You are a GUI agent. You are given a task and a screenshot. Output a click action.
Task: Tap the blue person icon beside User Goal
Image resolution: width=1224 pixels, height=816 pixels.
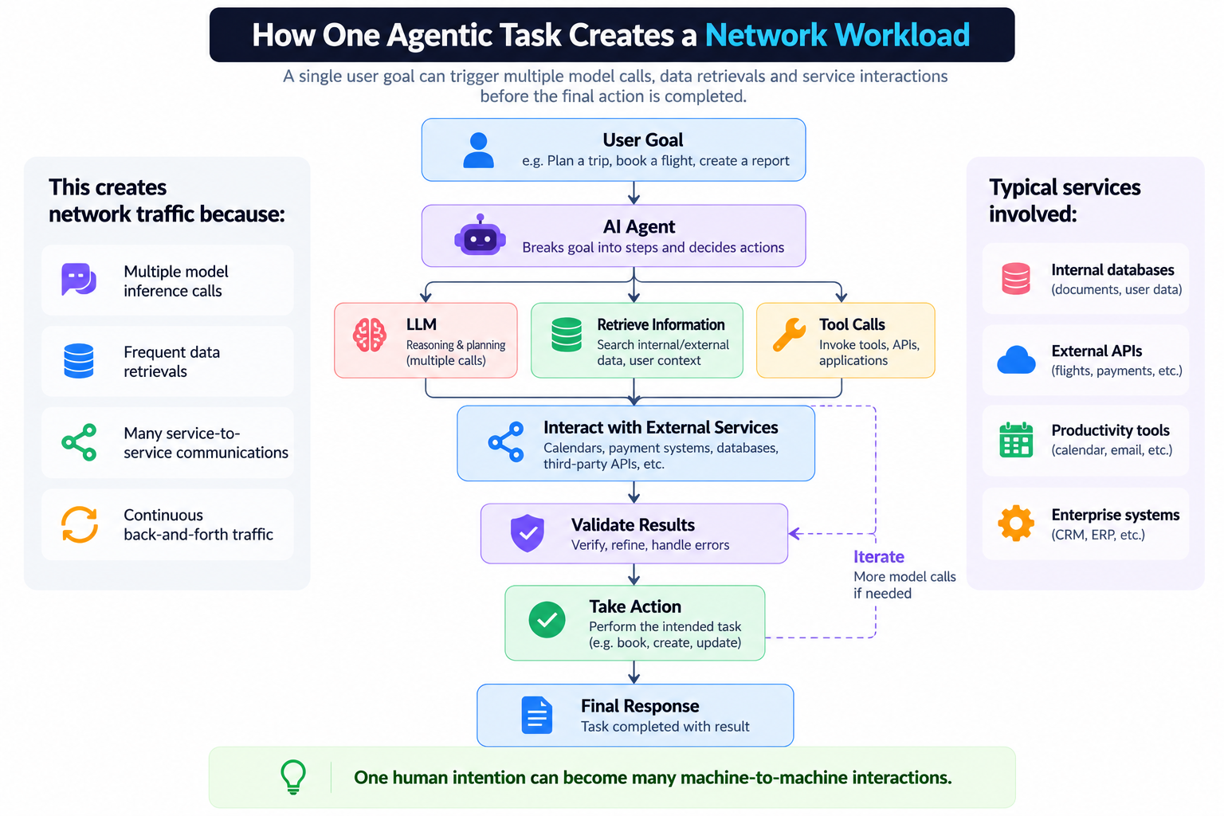click(x=478, y=150)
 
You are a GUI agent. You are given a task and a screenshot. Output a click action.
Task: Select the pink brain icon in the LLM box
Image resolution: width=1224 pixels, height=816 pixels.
click(x=370, y=335)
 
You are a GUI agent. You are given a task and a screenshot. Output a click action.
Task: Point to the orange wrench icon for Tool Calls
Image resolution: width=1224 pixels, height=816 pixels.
click(x=789, y=334)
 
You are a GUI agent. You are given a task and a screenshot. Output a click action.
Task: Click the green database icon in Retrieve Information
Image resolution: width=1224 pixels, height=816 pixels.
click(x=567, y=335)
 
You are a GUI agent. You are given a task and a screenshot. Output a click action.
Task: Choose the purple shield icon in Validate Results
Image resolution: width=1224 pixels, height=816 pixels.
click(x=528, y=532)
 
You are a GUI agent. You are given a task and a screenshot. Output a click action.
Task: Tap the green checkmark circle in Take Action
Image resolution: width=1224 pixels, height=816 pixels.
click(x=547, y=620)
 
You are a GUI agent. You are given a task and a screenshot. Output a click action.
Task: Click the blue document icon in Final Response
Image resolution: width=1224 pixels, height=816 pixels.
click(x=536, y=715)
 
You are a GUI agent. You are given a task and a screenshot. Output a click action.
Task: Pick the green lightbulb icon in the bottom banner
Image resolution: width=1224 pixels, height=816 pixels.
click(x=293, y=777)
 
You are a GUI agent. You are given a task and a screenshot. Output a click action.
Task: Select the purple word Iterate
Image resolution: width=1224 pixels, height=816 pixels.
click(x=879, y=557)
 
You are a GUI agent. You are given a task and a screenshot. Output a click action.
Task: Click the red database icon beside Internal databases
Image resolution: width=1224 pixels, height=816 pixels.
click(x=1016, y=279)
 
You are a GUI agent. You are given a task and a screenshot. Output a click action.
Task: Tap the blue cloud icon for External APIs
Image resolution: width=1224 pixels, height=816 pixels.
click(x=1016, y=359)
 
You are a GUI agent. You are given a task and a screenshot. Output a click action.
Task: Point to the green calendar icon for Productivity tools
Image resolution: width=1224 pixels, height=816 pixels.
click(x=1016, y=439)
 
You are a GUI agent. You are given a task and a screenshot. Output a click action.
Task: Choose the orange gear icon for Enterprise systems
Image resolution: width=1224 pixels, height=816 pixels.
click(x=1016, y=523)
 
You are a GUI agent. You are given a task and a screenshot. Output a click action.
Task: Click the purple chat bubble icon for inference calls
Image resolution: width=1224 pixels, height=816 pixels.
click(x=79, y=279)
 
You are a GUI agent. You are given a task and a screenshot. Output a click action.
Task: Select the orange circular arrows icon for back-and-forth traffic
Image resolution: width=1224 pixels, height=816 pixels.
click(x=80, y=524)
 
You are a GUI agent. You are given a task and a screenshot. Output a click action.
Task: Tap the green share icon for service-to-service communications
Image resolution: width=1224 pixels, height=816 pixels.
click(x=79, y=442)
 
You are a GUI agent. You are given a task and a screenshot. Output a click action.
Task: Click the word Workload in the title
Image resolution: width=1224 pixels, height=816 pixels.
click(x=902, y=35)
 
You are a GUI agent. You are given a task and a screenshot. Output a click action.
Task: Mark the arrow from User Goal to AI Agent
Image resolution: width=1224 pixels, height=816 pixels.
click(x=634, y=193)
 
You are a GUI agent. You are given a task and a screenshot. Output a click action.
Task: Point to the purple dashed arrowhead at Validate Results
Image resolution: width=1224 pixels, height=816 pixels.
click(x=795, y=533)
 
